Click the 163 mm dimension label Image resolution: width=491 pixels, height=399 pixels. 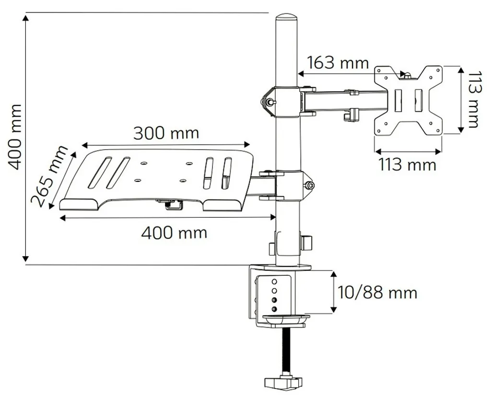click(338, 63)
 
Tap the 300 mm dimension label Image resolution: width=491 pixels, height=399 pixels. click(166, 133)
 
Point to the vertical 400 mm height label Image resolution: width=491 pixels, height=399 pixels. click(14, 137)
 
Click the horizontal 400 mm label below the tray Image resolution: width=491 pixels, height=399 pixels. click(174, 233)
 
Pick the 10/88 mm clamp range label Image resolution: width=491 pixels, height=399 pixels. click(377, 293)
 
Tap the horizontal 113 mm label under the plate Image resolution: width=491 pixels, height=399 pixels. click(408, 164)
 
